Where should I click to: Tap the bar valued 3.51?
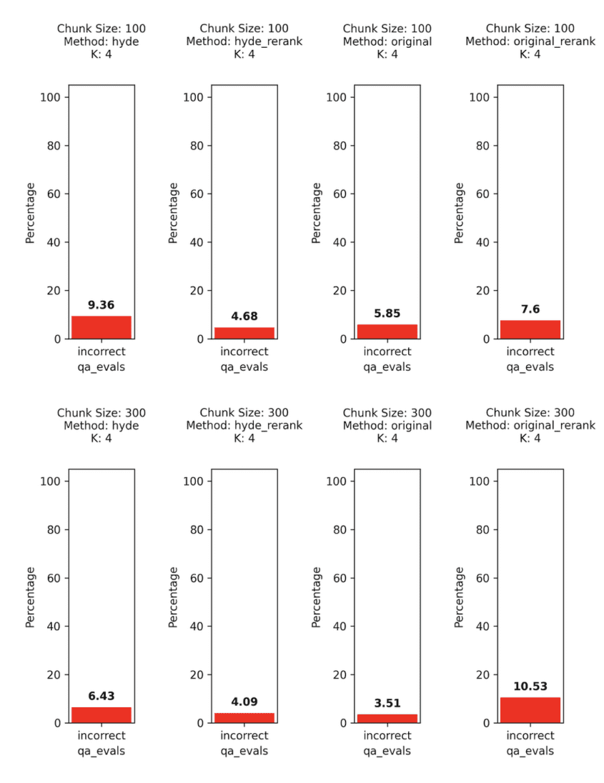coord(387,718)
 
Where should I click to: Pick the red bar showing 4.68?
coord(244,333)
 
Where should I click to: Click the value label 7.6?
coord(530,309)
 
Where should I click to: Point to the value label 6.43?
coord(101,696)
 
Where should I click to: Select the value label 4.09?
coord(244,702)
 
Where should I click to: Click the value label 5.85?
coord(387,313)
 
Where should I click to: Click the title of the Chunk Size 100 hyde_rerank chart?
coord(244,41)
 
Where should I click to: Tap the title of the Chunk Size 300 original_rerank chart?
coord(530,425)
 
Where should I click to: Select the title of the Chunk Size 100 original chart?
coord(387,41)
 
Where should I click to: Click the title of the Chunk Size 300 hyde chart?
coord(101,425)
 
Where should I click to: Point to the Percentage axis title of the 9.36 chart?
coord(31,212)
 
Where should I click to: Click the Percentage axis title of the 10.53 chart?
coord(460,597)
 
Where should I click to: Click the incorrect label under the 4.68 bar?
coord(244,351)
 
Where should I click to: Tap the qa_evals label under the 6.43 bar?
coord(101,751)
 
